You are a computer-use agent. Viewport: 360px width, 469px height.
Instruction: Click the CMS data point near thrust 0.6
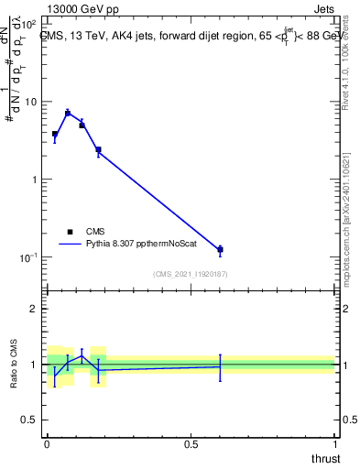[220, 249]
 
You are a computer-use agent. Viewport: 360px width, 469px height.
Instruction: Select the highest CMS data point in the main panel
[68, 113]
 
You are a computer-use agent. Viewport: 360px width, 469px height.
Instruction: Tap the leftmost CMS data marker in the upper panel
[55, 134]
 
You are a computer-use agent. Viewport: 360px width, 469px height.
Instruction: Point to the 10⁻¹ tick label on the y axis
[27, 257]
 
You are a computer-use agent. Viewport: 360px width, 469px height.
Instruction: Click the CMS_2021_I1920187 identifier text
[190, 273]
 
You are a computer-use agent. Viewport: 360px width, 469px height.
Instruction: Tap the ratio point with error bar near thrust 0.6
[220, 366]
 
